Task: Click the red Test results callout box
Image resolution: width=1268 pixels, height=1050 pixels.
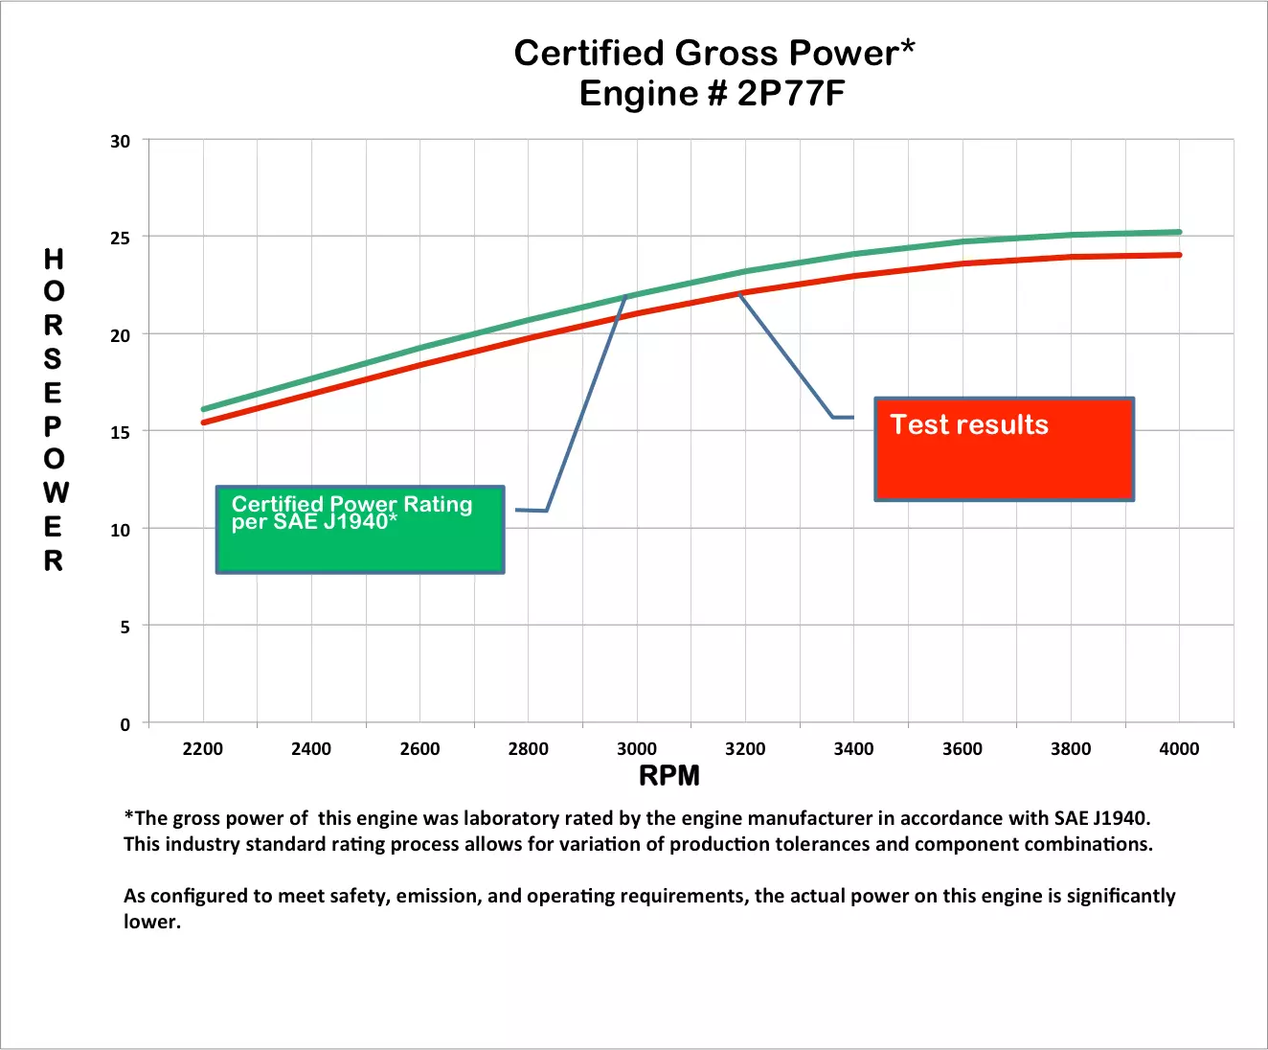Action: click(1004, 449)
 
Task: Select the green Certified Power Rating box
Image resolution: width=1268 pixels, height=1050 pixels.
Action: click(360, 530)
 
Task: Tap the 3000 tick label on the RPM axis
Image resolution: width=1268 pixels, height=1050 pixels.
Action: click(637, 749)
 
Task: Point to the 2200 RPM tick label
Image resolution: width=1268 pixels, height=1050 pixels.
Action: click(202, 749)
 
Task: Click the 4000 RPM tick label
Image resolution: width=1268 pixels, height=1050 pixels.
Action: click(1179, 749)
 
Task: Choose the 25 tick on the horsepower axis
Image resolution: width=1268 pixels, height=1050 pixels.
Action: click(120, 238)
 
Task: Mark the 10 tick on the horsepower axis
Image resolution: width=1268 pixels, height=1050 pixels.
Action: click(120, 530)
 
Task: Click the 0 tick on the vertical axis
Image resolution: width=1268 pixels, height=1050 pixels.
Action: click(125, 724)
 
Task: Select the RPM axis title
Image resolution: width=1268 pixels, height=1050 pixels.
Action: click(669, 776)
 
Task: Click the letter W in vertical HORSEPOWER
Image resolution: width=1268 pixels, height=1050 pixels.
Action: click(56, 492)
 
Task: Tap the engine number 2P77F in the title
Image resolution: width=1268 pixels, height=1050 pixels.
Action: click(791, 94)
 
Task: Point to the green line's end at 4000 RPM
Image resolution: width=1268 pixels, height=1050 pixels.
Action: click(1179, 232)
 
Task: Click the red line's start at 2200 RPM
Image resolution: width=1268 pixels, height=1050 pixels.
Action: click(203, 422)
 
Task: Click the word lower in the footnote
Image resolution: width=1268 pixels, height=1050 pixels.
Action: click(151, 922)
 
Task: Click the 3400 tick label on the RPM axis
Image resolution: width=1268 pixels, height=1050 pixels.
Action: click(853, 749)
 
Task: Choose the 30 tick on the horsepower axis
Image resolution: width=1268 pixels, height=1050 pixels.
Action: click(120, 142)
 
